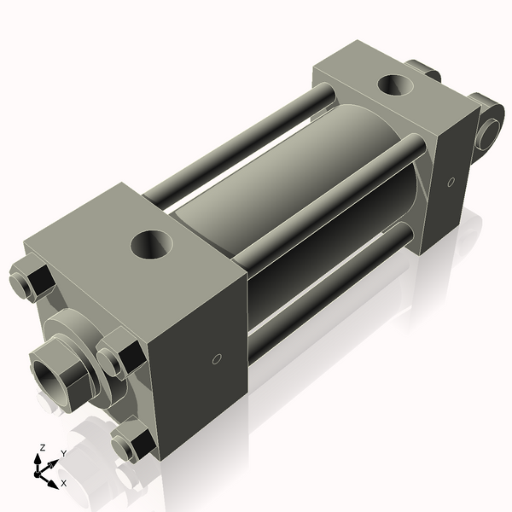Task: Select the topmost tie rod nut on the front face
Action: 30,282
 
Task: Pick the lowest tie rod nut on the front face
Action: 131,444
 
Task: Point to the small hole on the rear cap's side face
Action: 450,181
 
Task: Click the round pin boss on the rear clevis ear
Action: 490,133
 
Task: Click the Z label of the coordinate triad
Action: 42,448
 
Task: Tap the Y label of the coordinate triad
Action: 63,454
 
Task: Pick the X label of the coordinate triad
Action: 63,484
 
